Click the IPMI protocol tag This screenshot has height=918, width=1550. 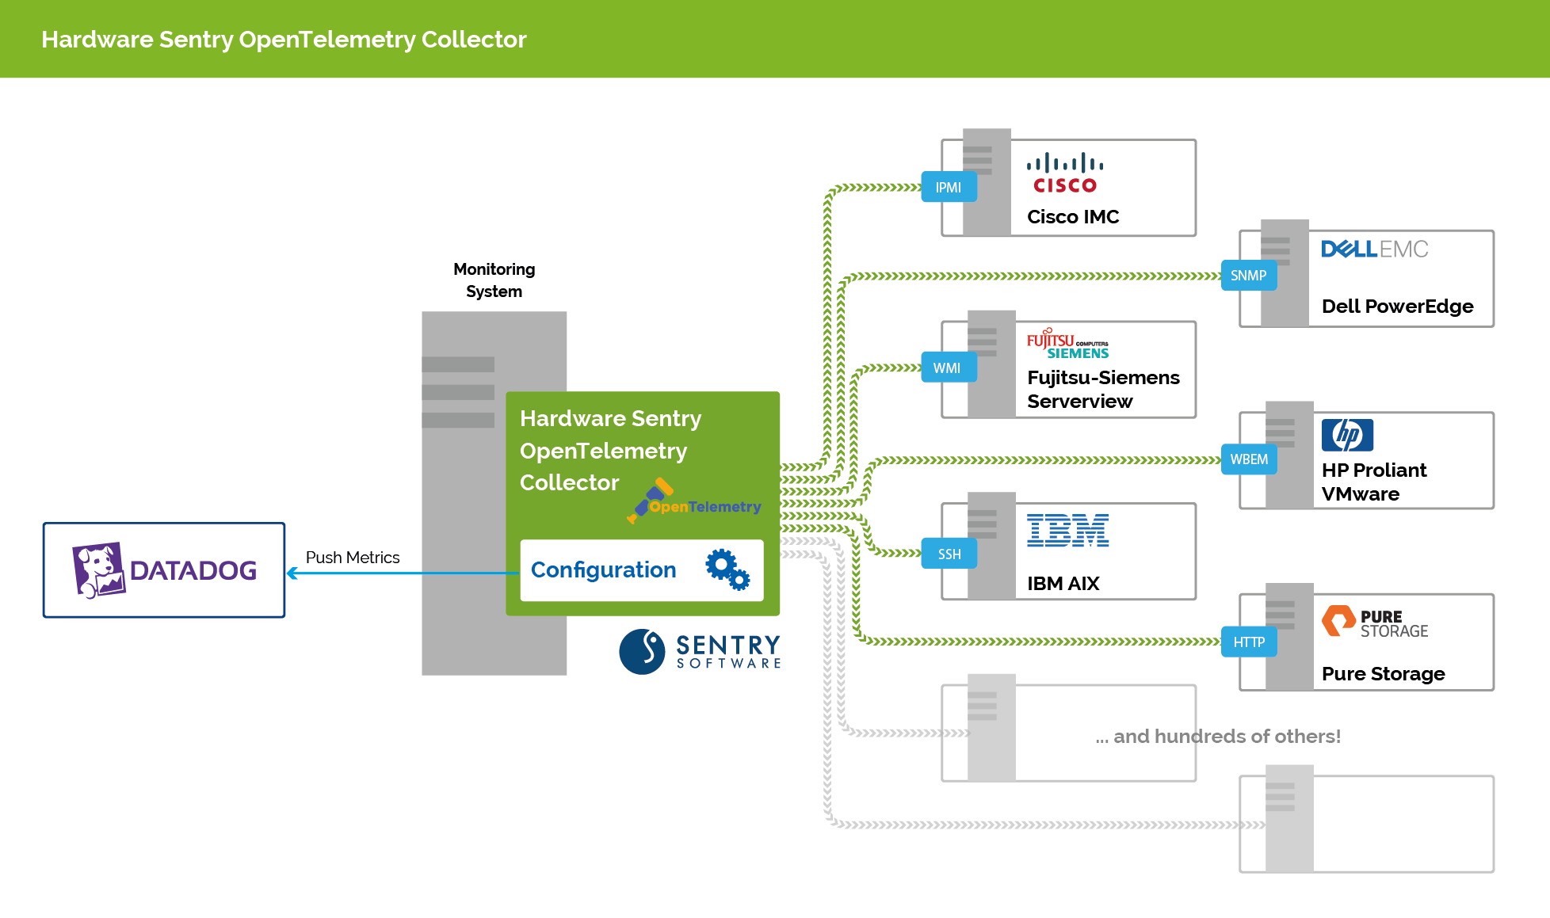(x=949, y=188)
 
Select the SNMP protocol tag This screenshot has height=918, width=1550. (x=1248, y=276)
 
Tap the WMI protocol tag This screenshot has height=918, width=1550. (x=948, y=368)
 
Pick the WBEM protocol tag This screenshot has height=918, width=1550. (x=1248, y=459)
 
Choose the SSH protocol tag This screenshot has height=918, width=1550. (x=949, y=554)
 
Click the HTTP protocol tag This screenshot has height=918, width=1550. (x=1248, y=642)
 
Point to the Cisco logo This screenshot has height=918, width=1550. (x=1065, y=173)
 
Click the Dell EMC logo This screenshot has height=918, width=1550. (x=1374, y=249)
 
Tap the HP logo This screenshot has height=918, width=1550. (x=1347, y=435)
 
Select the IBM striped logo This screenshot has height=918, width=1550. (x=1067, y=531)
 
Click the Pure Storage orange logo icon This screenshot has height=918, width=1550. (x=1338, y=621)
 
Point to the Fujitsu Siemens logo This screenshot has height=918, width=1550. (x=1067, y=344)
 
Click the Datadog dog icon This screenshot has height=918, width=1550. (x=98, y=569)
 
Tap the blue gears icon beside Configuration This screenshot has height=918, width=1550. (x=727, y=569)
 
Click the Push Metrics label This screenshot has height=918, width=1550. (x=353, y=558)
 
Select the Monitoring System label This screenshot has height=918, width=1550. (x=494, y=280)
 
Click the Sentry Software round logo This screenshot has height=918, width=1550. (x=641, y=652)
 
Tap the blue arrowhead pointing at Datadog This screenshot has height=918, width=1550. (x=292, y=573)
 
